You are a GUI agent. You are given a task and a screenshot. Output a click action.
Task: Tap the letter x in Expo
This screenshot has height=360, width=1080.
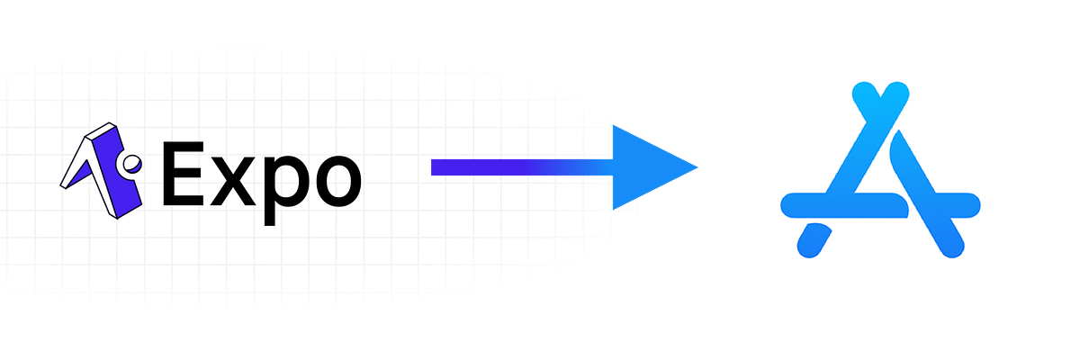232,182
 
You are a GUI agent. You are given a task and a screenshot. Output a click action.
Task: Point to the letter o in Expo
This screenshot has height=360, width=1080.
338,181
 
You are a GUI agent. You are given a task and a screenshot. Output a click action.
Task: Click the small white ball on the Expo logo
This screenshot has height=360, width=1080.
131,164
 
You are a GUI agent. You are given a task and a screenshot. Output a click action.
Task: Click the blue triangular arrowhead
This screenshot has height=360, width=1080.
646,167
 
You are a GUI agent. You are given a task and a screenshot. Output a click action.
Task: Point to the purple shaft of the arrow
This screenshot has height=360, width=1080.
522,167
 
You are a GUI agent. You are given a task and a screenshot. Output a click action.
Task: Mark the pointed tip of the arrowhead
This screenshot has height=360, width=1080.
697,167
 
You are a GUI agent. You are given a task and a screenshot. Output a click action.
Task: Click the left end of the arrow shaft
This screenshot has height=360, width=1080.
431,167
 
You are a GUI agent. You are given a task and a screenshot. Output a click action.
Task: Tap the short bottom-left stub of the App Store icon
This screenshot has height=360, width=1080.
814,240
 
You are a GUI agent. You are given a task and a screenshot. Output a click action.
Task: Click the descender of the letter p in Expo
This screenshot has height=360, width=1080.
269,214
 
